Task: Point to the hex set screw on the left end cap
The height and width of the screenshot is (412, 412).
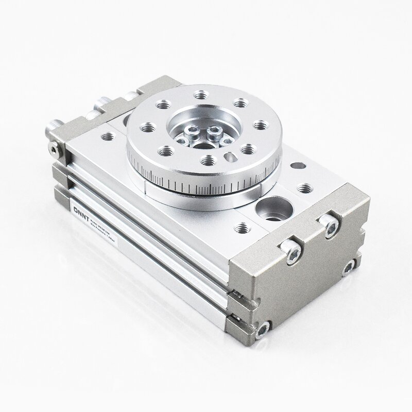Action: (x=55, y=149)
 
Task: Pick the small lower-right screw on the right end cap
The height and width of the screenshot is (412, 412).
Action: (x=350, y=266)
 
